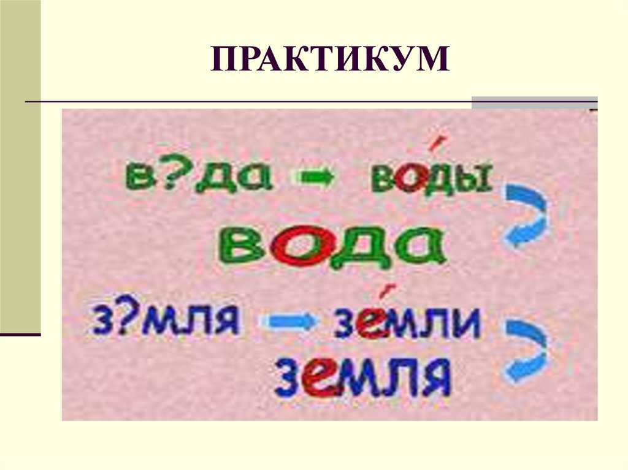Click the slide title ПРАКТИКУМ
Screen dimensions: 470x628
330,64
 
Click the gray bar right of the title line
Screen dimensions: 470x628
534,102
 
